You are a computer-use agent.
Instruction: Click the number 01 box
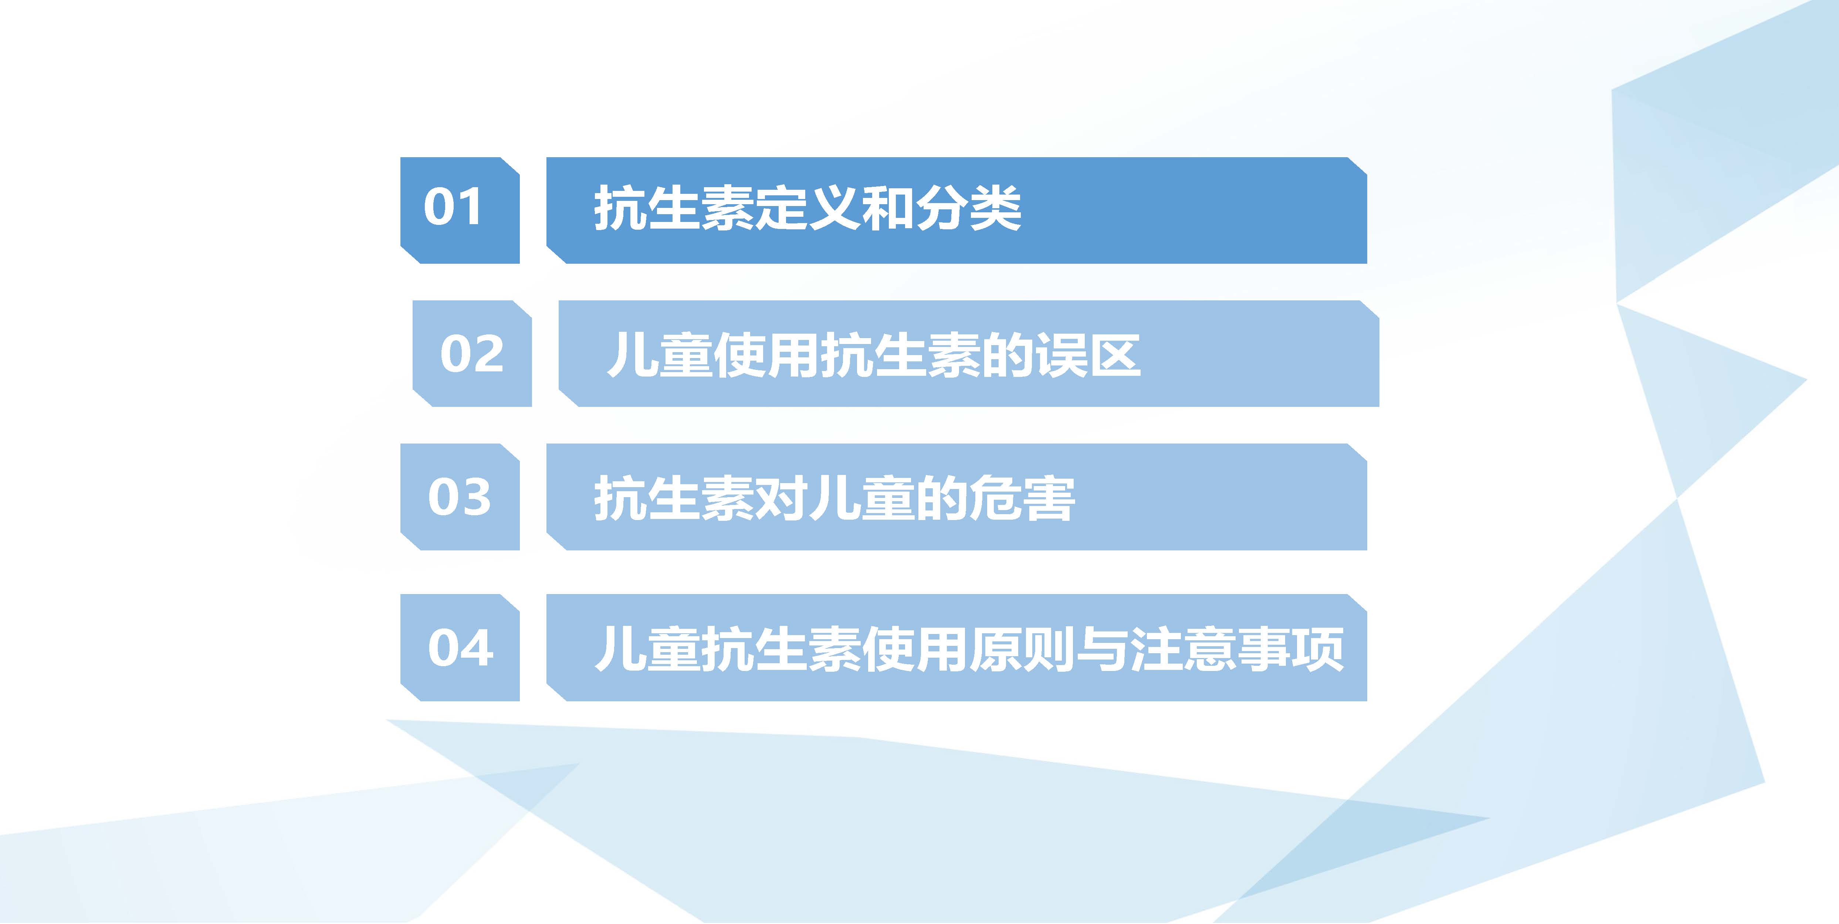tap(460, 210)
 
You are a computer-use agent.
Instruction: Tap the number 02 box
tap(472, 354)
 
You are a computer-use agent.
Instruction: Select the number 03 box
tap(460, 497)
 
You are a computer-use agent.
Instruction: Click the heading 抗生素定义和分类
tap(807, 209)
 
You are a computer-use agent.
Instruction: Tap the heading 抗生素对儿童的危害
tap(834, 498)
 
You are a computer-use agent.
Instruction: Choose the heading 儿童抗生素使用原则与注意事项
tap(969, 648)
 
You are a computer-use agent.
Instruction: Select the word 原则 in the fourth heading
tap(1022, 648)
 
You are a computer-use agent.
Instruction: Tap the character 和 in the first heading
tap(888, 209)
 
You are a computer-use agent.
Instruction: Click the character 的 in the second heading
tap(1007, 355)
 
